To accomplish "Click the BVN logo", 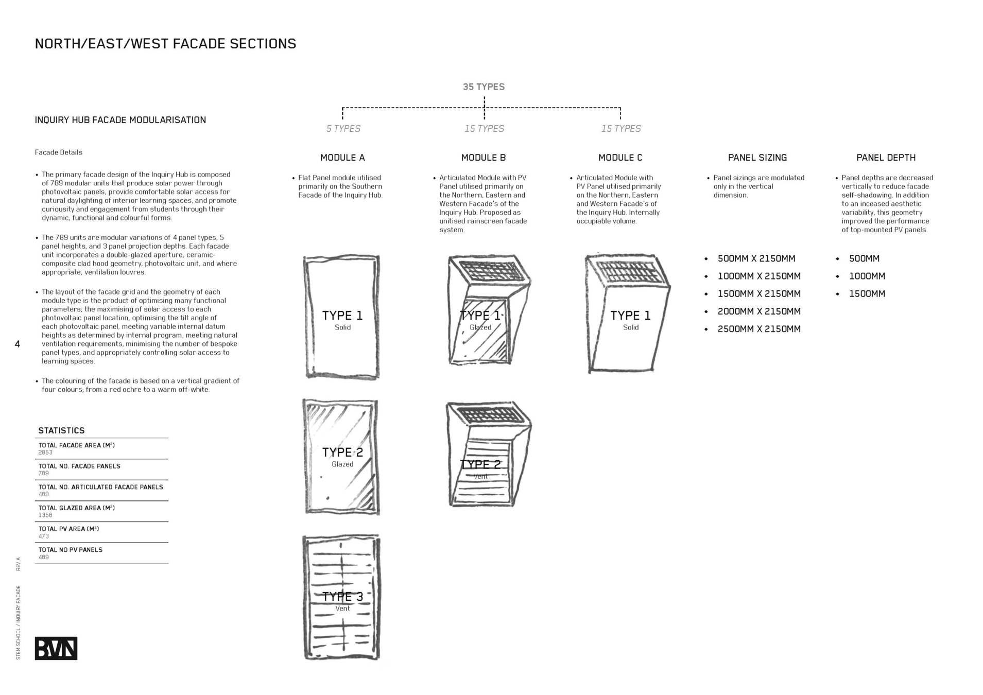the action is (56, 648).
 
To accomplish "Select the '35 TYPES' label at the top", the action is (484, 87).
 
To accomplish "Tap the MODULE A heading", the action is (342, 158).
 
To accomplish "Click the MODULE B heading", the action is (484, 158).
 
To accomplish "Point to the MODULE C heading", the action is (620, 158).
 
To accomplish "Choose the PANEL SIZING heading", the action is (757, 158).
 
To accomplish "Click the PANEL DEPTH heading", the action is (886, 158).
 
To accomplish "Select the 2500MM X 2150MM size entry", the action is (758, 329).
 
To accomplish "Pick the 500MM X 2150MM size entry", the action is (756, 258).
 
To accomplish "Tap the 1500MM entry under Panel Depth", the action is (867, 294).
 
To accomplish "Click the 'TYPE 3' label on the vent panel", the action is (342, 597).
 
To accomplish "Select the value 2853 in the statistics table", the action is (45, 453).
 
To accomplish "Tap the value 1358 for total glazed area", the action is (45, 515).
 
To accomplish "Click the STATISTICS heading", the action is (61, 430).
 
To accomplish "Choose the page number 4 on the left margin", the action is (18, 344).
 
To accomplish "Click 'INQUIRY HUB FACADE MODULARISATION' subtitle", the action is (120, 120).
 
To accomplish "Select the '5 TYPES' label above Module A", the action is (343, 129).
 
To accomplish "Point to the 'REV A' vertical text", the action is (19, 564).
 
